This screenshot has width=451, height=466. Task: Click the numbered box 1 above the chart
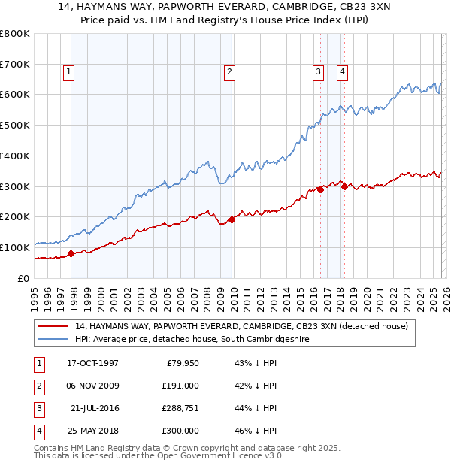(x=68, y=72)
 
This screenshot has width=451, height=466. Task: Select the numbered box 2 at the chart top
(x=229, y=72)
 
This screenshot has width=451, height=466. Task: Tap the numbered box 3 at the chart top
(x=318, y=72)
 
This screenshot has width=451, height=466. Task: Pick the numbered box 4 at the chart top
(x=342, y=72)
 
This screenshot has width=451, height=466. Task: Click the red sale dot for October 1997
(x=71, y=253)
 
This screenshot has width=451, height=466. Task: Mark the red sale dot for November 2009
(x=232, y=219)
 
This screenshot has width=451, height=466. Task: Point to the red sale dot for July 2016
(x=320, y=189)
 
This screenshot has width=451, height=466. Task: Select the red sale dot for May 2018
(x=344, y=186)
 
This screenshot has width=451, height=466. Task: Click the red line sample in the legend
(x=54, y=326)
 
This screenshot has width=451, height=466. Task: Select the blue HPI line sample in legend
(x=54, y=339)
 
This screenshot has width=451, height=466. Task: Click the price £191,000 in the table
(x=180, y=385)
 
